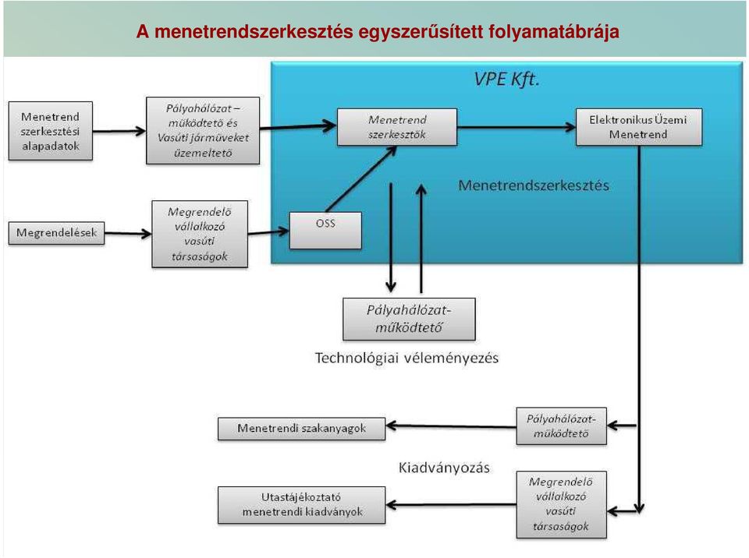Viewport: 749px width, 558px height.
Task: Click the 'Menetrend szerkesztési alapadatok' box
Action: coord(51,131)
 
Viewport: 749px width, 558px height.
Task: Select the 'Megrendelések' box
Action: coord(56,233)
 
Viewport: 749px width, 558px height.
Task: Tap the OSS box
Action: coord(325,231)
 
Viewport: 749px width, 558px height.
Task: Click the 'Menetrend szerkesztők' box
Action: coord(397,127)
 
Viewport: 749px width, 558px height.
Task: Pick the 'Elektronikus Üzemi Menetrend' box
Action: coord(639,127)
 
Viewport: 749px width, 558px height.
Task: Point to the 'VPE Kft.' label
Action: coord(506,79)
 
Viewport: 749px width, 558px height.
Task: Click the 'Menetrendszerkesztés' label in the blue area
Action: coord(534,185)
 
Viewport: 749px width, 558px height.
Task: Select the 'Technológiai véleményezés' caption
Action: coord(406,358)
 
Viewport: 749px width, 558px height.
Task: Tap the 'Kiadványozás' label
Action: coord(444,468)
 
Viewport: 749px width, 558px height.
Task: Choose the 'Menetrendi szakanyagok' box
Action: coord(301,429)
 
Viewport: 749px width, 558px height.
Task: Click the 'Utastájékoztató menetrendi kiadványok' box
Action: coord(301,505)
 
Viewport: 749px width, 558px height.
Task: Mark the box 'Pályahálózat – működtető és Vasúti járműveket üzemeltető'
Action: coord(203,131)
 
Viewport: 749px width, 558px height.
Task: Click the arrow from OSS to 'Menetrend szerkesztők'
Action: coord(361,178)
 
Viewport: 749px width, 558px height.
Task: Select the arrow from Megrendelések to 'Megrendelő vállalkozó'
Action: coord(128,234)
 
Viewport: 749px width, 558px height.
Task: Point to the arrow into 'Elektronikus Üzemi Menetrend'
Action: coord(516,127)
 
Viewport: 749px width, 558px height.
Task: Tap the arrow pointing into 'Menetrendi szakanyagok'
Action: coord(451,426)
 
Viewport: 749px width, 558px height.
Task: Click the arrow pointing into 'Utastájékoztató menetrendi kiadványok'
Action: coord(451,504)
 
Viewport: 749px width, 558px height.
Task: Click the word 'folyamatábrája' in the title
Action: coord(554,32)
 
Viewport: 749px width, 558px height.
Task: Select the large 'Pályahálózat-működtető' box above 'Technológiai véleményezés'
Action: coord(409,319)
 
